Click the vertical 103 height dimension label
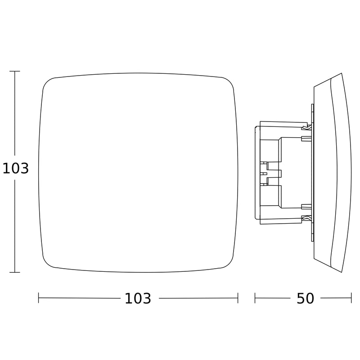point(16,168)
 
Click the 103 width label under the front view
point(138,298)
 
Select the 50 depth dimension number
point(305,298)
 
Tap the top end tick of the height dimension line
point(15,71)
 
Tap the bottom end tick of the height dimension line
point(15,273)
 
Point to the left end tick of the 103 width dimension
point(39,298)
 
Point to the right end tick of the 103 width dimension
point(238,298)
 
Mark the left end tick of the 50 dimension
point(255,298)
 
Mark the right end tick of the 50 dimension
point(351,298)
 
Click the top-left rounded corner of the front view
point(47,81)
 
